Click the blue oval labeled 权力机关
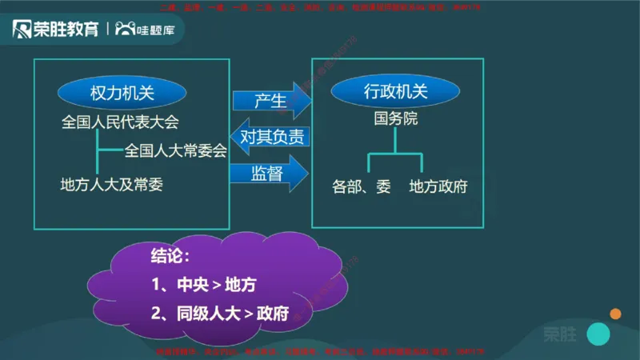[122, 92]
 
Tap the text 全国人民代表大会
[120, 123]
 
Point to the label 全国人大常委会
[176, 150]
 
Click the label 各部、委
[362, 186]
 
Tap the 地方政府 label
[438, 186]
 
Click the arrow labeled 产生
[270, 100]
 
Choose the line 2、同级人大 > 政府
[219, 313]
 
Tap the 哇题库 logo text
[160, 30]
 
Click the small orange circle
[615, 314]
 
